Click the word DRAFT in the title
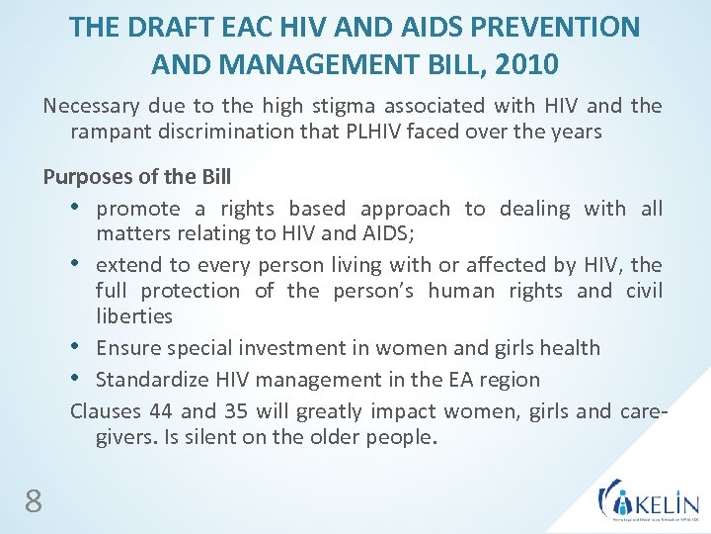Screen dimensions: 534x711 coord(162,27)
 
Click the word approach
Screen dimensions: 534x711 coord(405,209)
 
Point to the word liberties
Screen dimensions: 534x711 coord(134,316)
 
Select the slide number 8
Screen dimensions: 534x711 coord(34,502)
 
